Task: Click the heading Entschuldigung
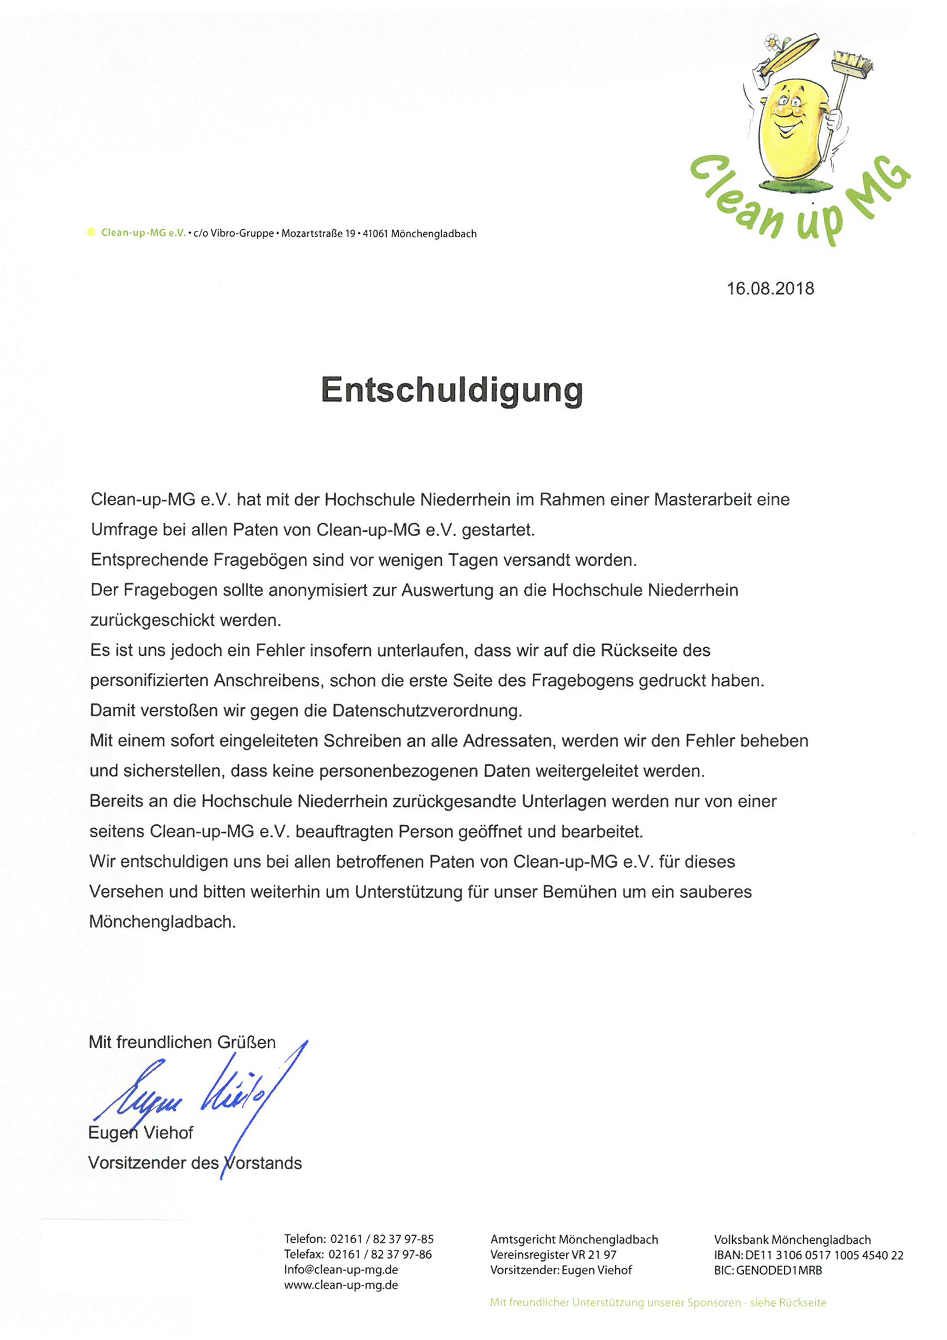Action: (x=451, y=390)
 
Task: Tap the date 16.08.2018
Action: (x=769, y=288)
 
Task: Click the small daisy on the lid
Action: (x=772, y=41)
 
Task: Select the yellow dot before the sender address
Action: (x=91, y=232)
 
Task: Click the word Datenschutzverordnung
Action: (x=427, y=711)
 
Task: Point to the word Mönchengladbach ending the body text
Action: (x=162, y=922)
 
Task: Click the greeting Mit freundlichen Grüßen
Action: (x=182, y=1043)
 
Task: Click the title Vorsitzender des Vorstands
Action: (x=195, y=1163)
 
